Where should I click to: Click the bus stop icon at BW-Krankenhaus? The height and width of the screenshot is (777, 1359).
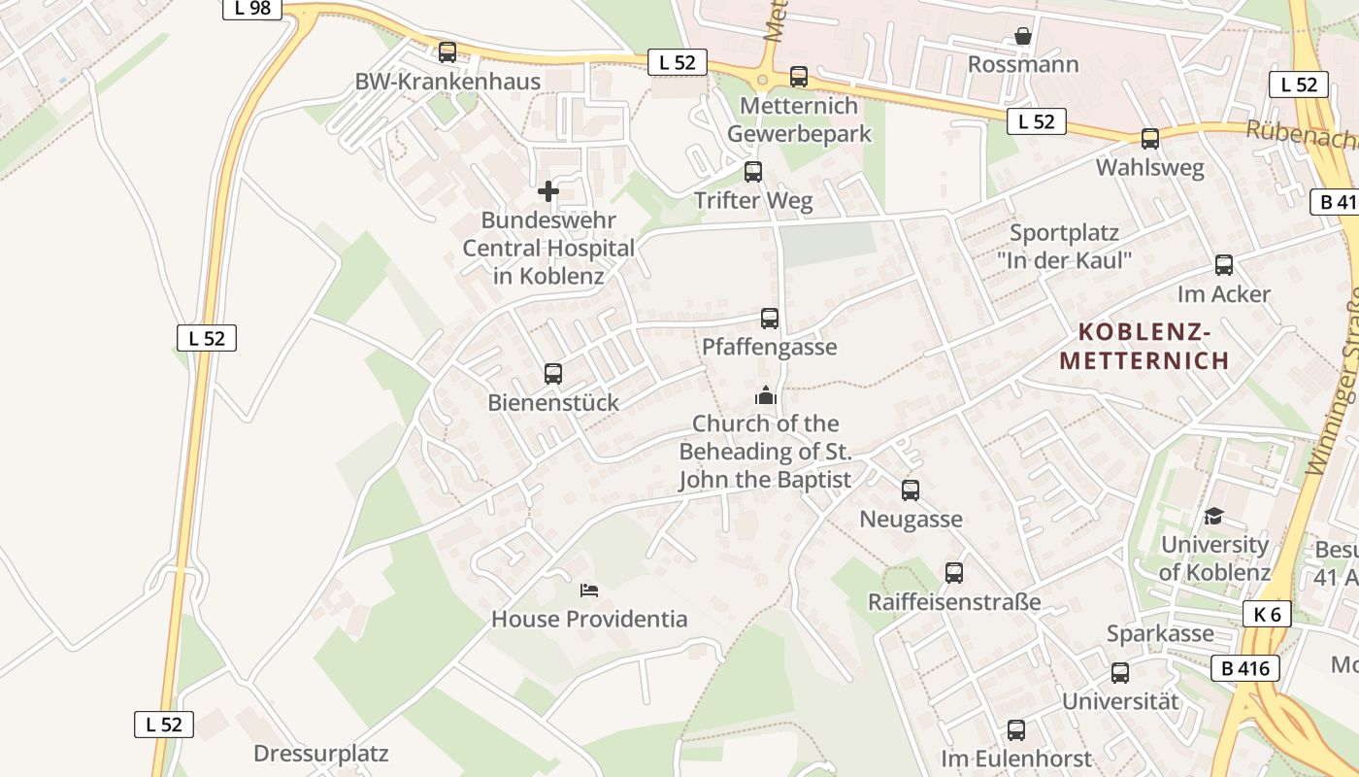[x=447, y=52]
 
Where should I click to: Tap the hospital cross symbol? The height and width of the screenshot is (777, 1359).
[x=548, y=191]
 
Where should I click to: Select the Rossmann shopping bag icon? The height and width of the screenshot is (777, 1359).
[x=1022, y=37]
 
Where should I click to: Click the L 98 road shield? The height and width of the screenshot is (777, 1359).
[x=252, y=9]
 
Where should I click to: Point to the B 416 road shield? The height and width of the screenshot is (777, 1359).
[x=1244, y=668]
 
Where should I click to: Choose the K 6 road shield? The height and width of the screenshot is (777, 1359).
[x=1267, y=614]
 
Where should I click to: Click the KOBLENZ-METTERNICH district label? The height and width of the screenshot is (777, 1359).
[x=1144, y=347]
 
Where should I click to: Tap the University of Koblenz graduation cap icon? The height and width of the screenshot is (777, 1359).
[x=1213, y=516]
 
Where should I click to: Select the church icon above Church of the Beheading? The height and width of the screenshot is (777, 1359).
[x=765, y=395]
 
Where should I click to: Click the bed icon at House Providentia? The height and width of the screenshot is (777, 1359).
[x=589, y=590]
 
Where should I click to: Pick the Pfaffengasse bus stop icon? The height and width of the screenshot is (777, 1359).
[x=770, y=319]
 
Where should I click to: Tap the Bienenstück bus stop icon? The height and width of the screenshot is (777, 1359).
[x=553, y=374]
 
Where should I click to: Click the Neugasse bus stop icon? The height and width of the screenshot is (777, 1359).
[x=911, y=490]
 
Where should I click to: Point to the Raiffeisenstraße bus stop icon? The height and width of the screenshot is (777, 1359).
[x=954, y=573]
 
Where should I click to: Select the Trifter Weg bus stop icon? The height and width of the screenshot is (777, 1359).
[x=753, y=172]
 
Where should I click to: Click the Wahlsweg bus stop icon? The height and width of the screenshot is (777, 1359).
[x=1150, y=139]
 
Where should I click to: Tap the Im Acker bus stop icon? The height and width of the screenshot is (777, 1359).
[x=1224, y=265]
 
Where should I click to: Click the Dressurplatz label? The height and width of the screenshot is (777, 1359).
[x=320, y=753]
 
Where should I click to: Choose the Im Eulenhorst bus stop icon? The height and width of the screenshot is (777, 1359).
[x=1016, y=730]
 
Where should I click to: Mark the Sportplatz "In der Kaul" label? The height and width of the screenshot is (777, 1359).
[x=1064, y=247]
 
